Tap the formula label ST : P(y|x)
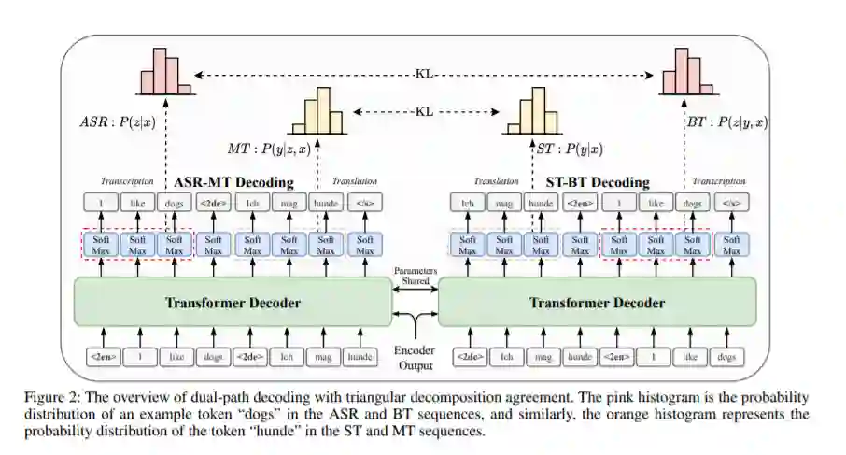[569, 149]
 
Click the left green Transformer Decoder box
[233, 303]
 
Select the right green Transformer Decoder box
[598, 303]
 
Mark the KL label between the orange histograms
[425, 111]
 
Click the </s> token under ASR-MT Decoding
[364, 203]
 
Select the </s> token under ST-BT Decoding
[729, 203]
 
